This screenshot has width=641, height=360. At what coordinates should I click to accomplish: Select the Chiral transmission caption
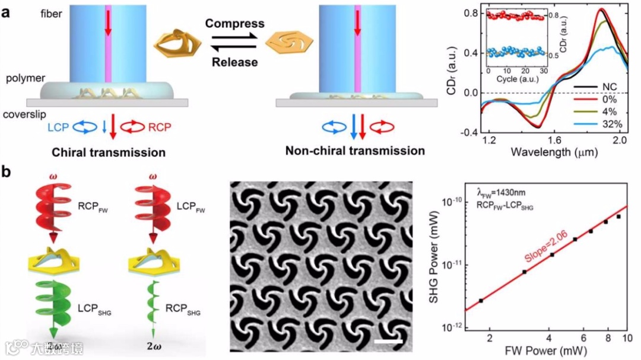coord(118,152)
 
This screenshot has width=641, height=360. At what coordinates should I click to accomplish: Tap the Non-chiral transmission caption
coord(355,151)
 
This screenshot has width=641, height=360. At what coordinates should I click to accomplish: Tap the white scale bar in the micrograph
coord(388,340)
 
